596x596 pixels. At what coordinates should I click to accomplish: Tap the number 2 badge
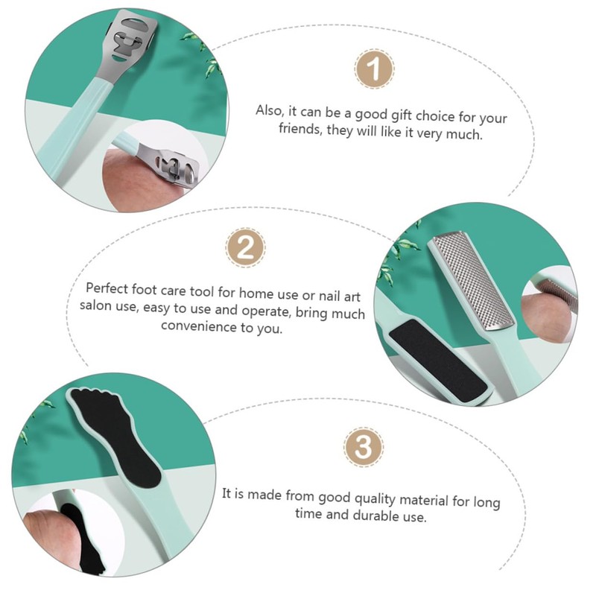[244, 248]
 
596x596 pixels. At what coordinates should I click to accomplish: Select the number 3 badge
[362, 448]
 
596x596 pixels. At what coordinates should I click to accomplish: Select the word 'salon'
[95, 307]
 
